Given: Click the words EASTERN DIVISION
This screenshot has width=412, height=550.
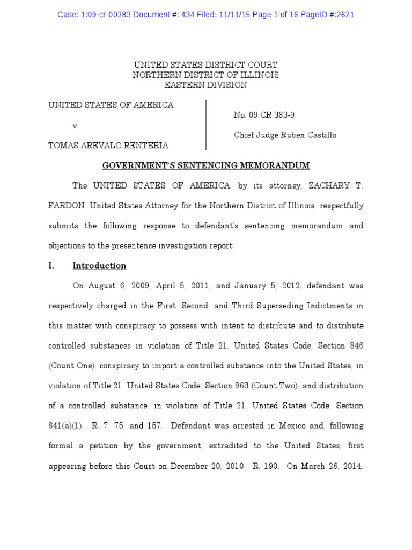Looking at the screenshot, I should click(x=205, y=85).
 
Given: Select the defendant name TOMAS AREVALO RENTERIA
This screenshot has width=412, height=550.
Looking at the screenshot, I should click(x=108, y=146).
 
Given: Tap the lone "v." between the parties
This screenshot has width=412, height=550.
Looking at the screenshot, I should click(x=76, y=126).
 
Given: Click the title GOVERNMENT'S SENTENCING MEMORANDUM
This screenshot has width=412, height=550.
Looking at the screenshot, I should click(x=205, y=166).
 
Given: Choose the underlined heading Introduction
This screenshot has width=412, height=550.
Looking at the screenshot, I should click(x=99, y=266).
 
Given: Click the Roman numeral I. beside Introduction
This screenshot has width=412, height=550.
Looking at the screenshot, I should click(x=52, y=266).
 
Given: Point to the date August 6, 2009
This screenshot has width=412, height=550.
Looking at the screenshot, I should click(x=117, y=286).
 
